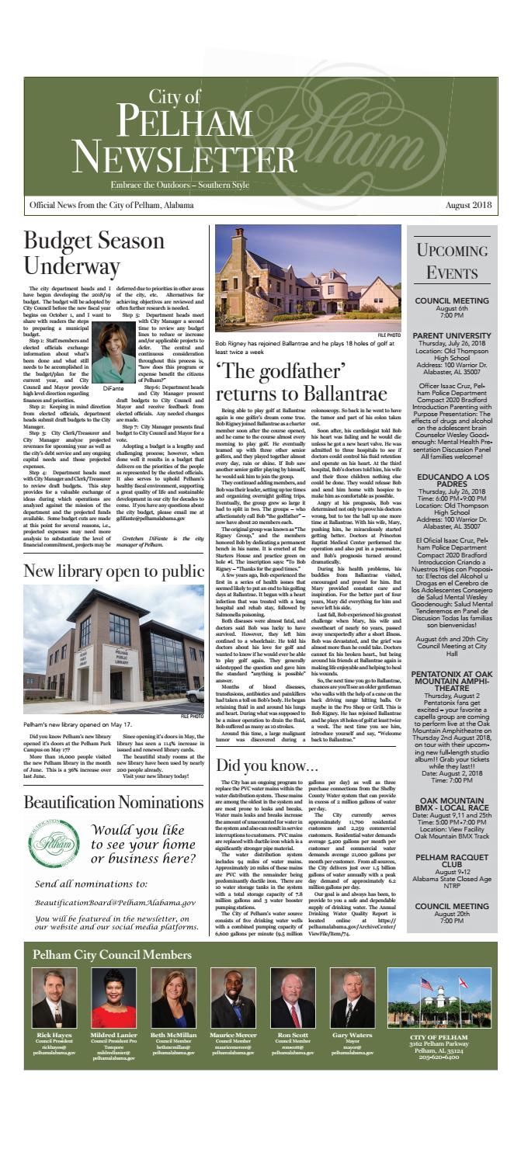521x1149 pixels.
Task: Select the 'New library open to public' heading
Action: tap(108, 551)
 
